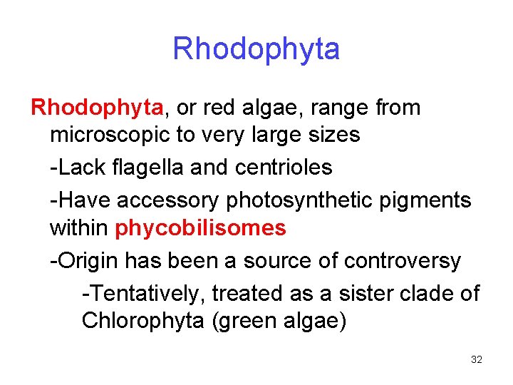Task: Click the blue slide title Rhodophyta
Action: click(256, 49)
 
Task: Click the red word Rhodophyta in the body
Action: click(97, 108)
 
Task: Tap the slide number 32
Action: click(477, 359)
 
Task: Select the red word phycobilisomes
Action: click(200, 228)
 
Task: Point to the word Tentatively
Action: click(146, 293)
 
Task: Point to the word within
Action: click(78, 228)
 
